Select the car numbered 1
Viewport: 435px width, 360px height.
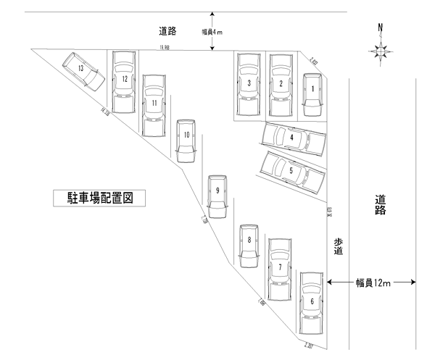312,94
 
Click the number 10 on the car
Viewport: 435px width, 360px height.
186,134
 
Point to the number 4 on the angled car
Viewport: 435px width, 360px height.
291,135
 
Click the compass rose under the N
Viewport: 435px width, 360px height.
382,51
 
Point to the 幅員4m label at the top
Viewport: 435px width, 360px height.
214,32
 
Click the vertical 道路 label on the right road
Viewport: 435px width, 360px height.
381,205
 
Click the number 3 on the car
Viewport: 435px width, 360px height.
249,83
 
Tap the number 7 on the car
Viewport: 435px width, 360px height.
280,267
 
